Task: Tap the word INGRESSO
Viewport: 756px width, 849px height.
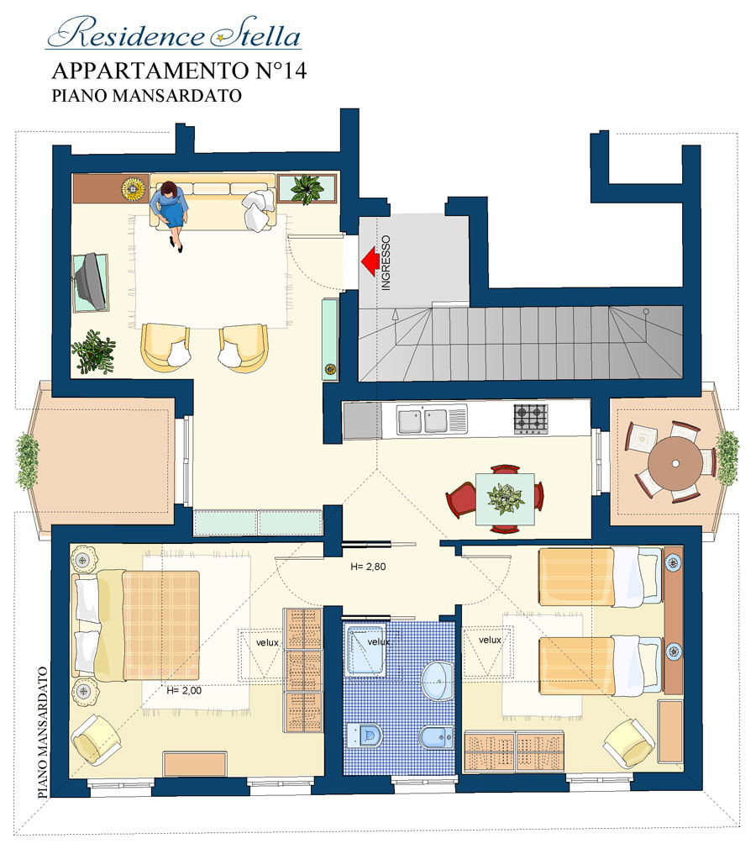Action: click(386, 263)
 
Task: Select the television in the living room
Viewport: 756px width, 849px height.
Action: click(90, 282)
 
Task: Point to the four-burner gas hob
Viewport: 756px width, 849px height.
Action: click(530, 419)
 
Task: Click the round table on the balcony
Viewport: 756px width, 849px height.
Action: click(675, 464)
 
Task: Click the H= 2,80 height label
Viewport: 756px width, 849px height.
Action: click(368, 567)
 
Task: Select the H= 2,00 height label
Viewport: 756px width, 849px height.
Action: click(184, 690)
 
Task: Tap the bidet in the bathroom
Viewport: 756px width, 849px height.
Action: click(437, 736)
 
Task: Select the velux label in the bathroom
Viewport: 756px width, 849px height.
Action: click(378, 641)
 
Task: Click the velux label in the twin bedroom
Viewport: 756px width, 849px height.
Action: click(490, 640)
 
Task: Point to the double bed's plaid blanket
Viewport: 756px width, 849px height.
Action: click(161, 625)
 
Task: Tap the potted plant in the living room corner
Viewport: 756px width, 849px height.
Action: click(93, 351)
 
